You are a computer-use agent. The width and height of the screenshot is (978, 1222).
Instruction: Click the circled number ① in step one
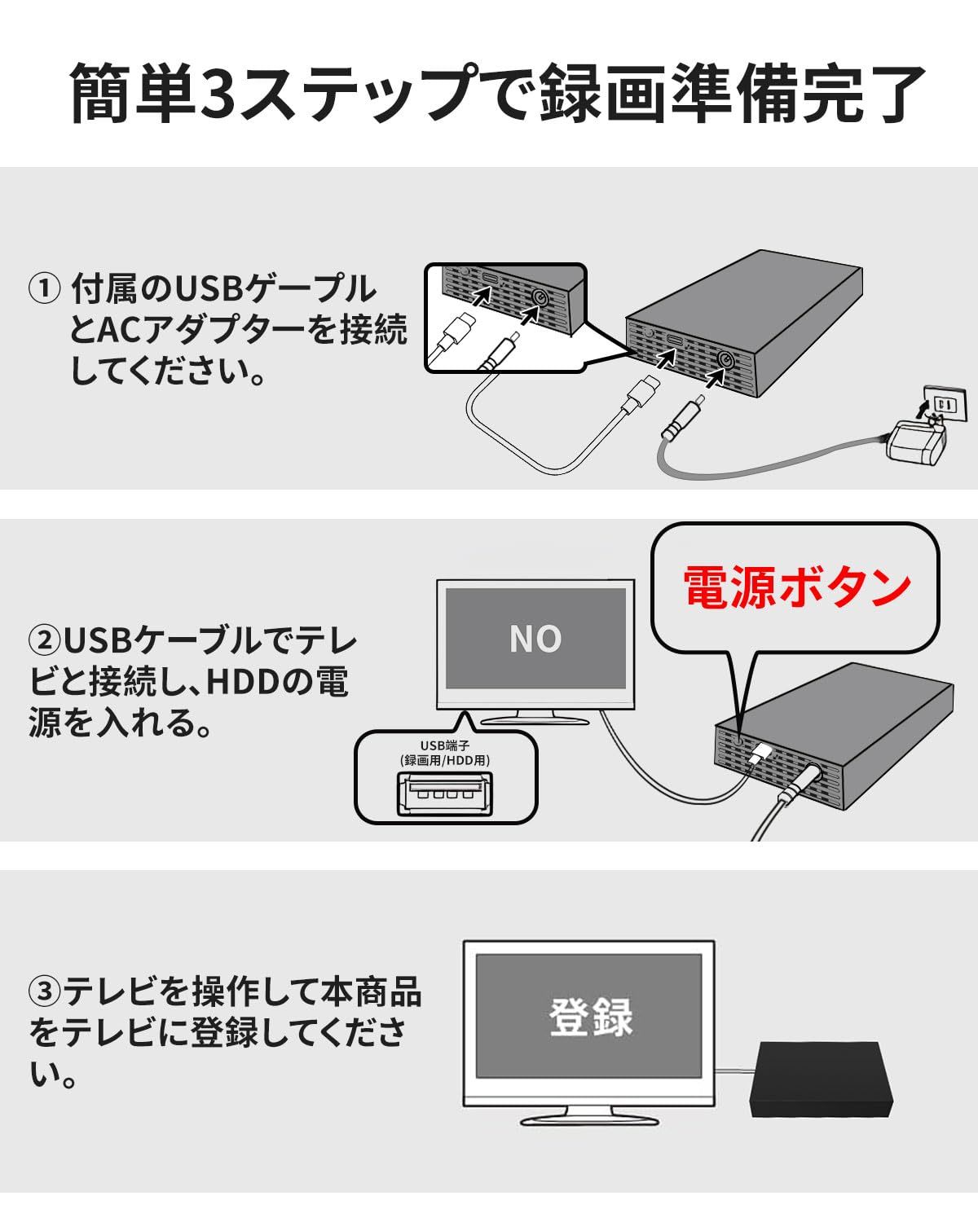click(x=44, y=288)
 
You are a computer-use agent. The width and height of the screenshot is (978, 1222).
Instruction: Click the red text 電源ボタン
click(x=796, y=587)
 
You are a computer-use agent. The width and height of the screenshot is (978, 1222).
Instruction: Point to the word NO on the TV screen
click(x=535, y=639)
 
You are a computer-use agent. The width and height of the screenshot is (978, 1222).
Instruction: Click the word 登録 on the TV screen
click(x=590, y=1017)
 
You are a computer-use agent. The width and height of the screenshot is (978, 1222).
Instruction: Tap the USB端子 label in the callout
click(x=445, y=745)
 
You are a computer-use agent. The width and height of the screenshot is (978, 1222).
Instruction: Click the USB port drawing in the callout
click(x=445, y=794)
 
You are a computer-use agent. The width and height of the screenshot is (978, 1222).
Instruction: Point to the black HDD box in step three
click(x=822, y=1080)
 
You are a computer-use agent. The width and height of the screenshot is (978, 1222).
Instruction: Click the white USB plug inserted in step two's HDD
click(x=759, y=753)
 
